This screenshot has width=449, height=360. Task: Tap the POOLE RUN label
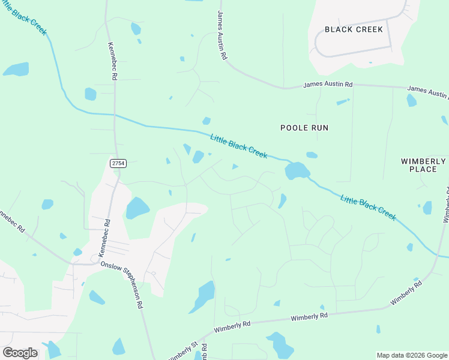click(x=304, y=128)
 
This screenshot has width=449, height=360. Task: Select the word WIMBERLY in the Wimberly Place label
click(x=423, y=161)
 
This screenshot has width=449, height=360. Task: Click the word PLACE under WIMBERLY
click(x=423, y=169)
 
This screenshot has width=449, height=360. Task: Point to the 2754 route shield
click(x=118, y=163)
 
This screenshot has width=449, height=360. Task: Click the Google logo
click(x=20, y=353)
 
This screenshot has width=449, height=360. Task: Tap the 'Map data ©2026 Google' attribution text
click(x=412, y=355)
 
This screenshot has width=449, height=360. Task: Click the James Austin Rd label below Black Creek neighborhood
click(x=328, y=85)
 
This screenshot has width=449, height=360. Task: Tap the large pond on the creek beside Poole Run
click(x=297, y=171)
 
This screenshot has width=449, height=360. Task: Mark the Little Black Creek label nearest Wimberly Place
click(x=368, y=207)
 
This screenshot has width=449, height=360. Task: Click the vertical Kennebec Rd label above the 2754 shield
click(x=112, y=61)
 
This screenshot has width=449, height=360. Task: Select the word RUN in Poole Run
click(x=319, y=128)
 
